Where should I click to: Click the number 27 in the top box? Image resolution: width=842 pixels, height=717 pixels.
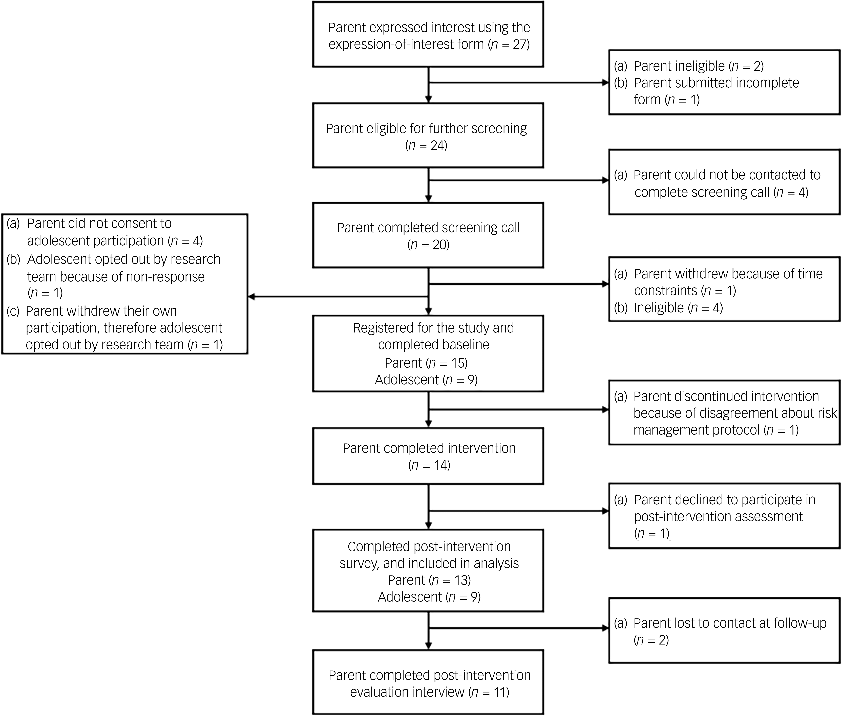519,44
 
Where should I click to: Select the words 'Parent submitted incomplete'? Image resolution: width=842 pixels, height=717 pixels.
717,83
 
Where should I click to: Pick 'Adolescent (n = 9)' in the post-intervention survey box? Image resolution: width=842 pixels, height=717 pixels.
429,597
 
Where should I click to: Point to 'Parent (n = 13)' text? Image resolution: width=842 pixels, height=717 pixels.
429,580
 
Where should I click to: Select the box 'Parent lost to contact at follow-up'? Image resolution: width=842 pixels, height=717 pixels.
724,631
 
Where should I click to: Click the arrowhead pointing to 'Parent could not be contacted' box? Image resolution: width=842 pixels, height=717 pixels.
605,180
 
